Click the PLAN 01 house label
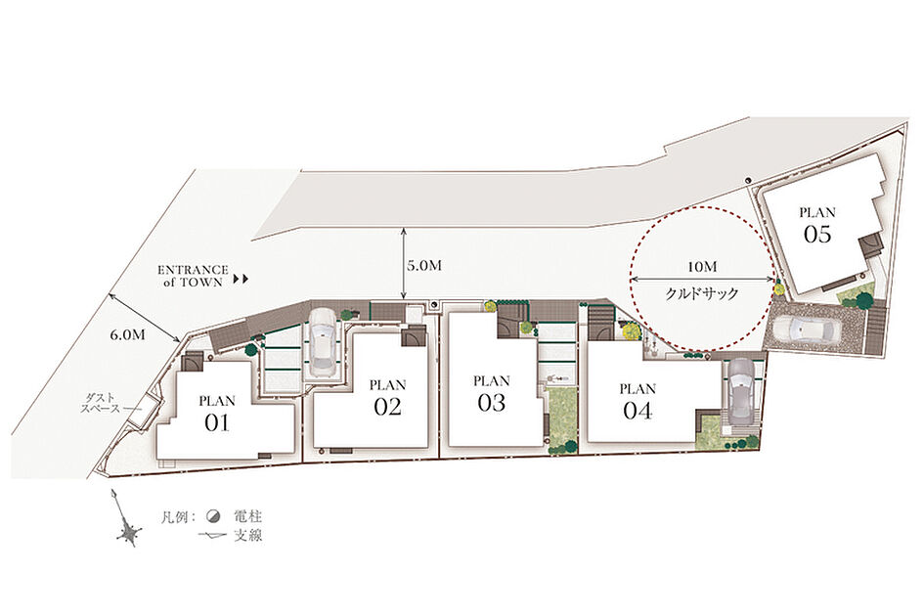(217, 414)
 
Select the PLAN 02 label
(388, 398)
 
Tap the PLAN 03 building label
(492, 394)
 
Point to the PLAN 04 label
(638, 402)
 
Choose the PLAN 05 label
(817, 225)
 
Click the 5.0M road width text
(424, 266)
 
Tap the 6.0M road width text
(127, 334)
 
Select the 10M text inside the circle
(702, 267)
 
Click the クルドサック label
(702, 293)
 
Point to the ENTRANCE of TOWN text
(193, 276)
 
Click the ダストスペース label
(101, 403)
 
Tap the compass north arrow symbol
(126, 519)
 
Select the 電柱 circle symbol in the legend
(213, 517)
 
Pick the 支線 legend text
(248, 536)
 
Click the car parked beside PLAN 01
(322, 343)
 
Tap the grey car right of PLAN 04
(739, 390)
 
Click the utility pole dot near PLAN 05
(748, 180)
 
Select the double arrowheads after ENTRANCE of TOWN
(242, 279)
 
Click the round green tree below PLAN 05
(864, 301)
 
